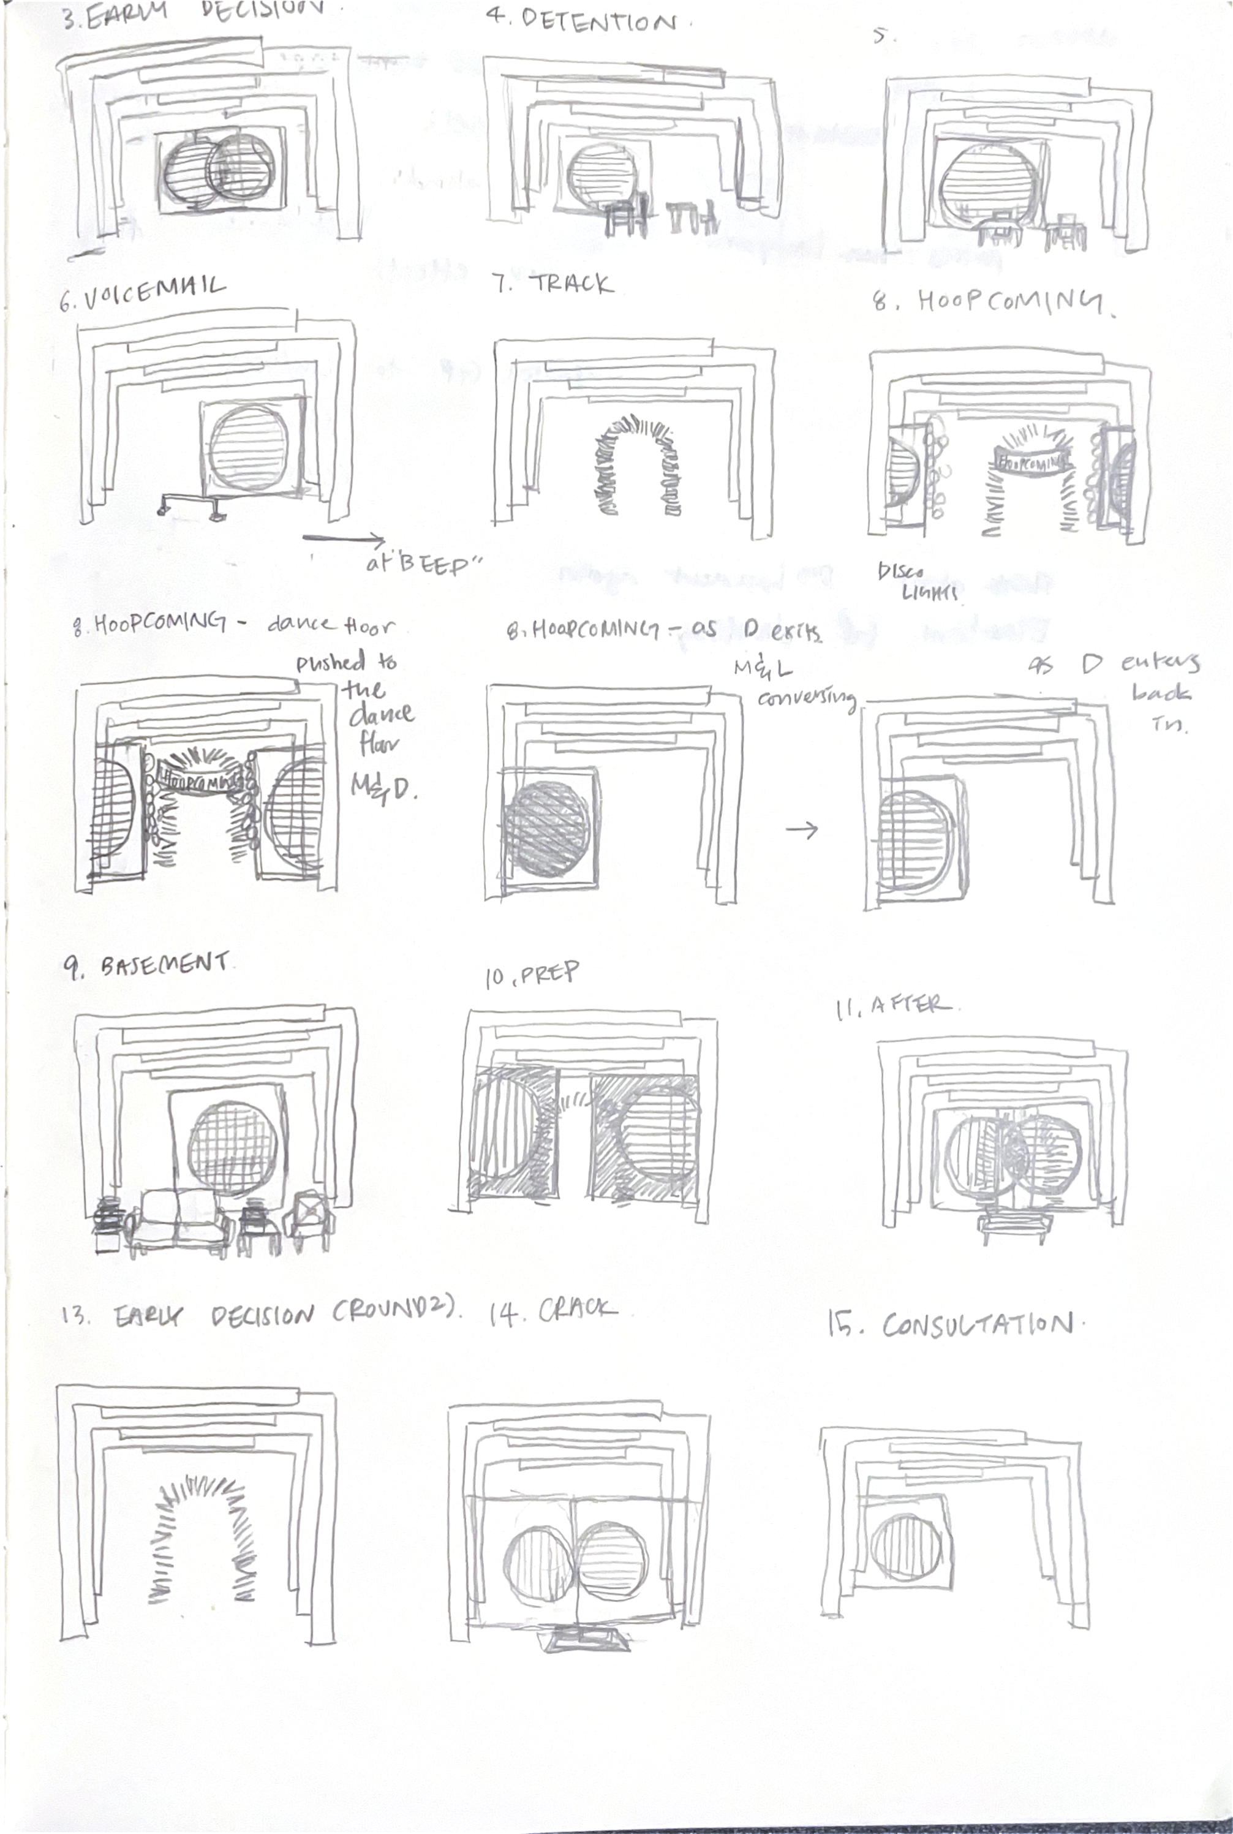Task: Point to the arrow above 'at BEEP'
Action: (344, 540)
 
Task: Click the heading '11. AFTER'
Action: (893, 1006)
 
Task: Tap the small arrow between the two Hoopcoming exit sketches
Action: (801, 829)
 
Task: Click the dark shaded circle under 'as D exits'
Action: (546, 829)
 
